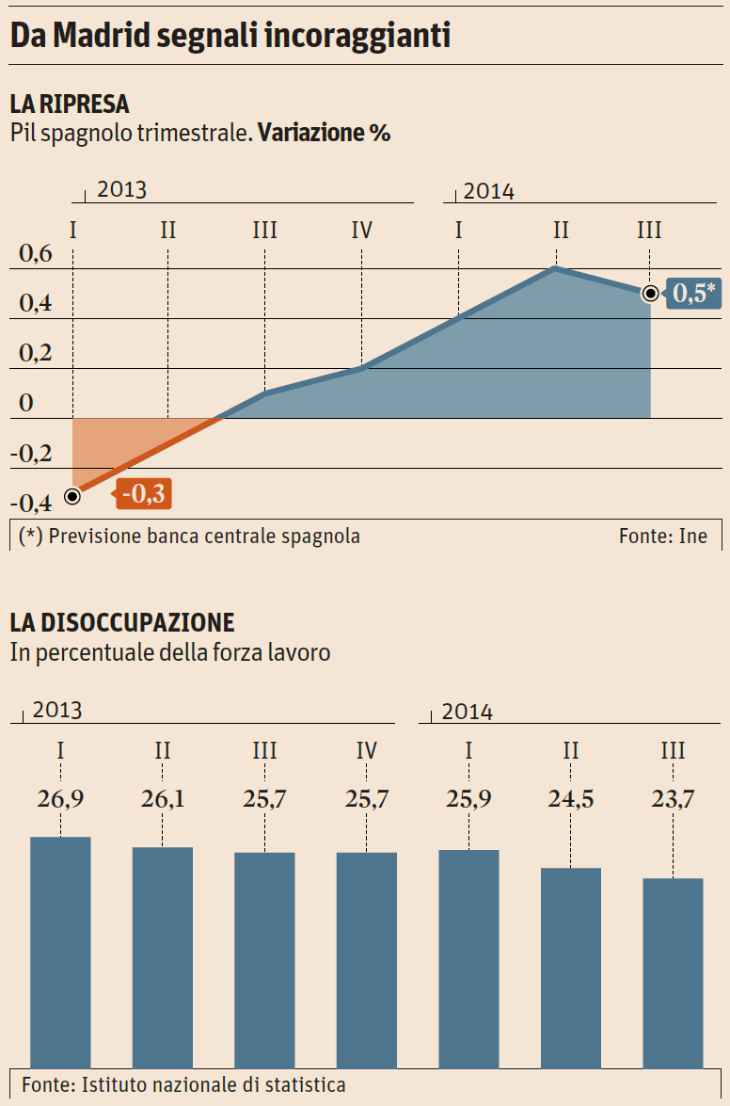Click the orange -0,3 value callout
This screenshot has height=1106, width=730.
[142, 493]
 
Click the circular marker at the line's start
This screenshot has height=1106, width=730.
[72, 495]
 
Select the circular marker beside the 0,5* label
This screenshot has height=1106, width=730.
[650, 294]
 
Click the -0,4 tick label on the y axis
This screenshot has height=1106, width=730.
[33, 503]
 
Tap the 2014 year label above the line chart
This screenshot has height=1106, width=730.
[489, 191]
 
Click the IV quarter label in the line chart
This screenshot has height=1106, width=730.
[362, 230]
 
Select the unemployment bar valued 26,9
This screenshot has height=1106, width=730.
[60, 951]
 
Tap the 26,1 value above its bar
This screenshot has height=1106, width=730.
[163, 799]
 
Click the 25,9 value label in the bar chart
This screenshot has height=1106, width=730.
[468, 799]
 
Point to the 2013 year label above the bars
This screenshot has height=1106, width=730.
[57, 710]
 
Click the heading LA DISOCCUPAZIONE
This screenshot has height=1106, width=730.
[122, 622]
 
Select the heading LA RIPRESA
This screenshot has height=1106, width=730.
[70, 104]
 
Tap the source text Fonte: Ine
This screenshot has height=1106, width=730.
[662, 537]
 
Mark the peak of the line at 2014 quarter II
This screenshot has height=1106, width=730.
[557, 269]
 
